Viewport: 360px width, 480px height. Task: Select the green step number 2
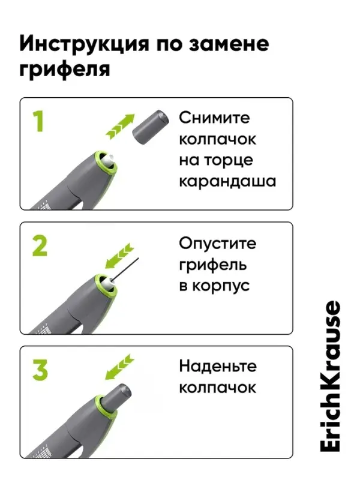coord(39,245)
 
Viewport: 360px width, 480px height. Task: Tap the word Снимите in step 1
coord(214,118)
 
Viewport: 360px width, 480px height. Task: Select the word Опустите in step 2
coord(217,244)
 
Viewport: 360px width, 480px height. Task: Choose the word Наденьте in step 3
coord(217,366)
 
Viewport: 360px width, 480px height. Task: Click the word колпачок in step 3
coord(217,387)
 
